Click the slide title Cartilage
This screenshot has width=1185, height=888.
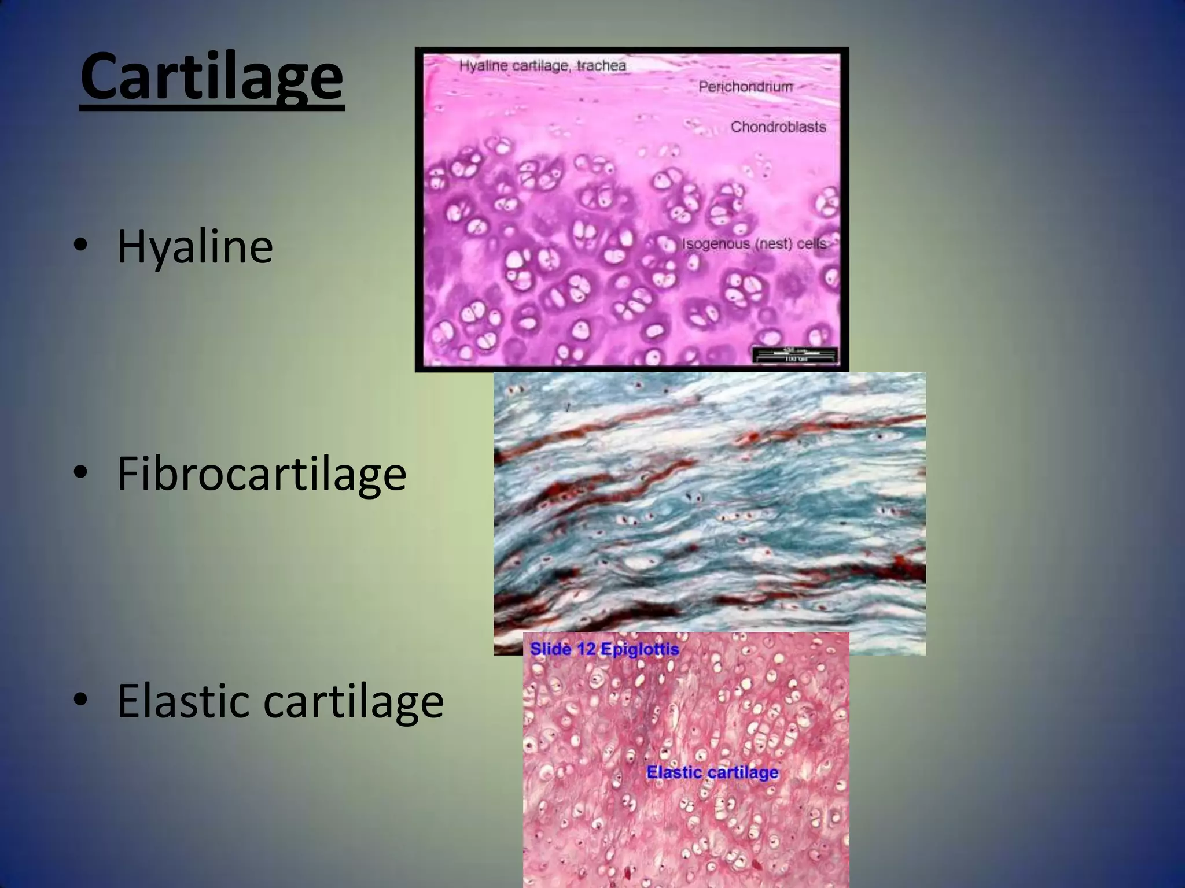coord(212,77)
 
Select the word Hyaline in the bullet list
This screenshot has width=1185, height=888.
coord(195,247)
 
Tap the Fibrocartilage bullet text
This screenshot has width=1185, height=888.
coord(262,474)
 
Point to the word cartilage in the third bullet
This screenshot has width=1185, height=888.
coord(354,701)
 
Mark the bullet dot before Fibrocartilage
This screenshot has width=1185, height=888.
coord(81,473)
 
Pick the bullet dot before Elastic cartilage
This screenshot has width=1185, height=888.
coord(81,700)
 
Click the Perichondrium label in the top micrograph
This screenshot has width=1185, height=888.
coord(745,87)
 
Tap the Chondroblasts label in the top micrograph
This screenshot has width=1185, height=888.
coord(778,127)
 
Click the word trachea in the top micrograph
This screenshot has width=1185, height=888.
coord(601,65)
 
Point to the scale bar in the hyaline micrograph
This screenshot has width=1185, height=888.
coord(795,354)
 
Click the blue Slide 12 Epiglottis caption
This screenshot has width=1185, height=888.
coord(605,649)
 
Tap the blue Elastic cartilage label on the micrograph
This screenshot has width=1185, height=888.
coord(712,772)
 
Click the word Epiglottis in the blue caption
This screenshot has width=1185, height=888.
coord(640,649)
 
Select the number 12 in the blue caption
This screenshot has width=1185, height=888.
coord(586,649)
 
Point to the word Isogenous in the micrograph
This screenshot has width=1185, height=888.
coord(716,244)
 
